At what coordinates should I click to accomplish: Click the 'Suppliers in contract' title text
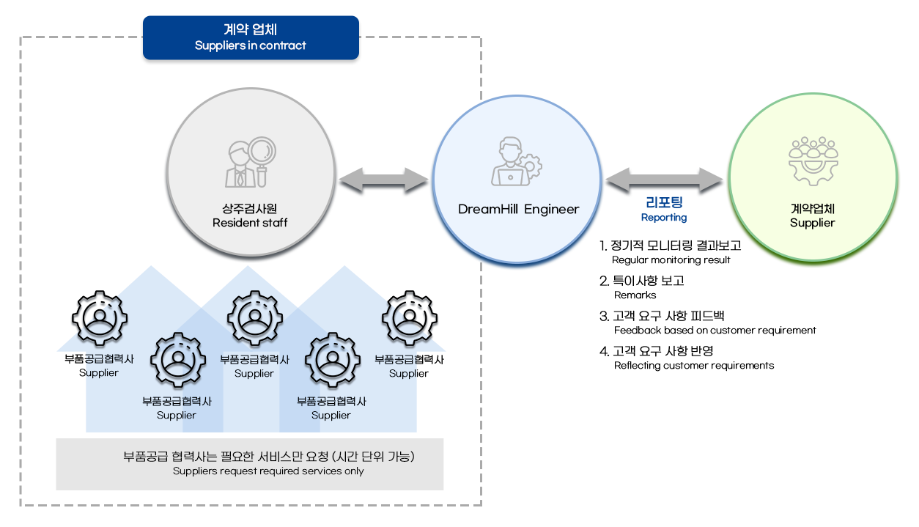pyautogui.click(x=251, y=45)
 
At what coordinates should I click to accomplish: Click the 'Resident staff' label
pyautogui.click(x=250, y=223)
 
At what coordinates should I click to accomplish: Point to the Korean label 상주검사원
pyautogui.click(x=250, y=209)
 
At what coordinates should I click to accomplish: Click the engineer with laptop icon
pyautogui.click(x=517, y=162)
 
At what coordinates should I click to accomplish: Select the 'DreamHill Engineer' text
pyautogui.click(x=518, y=210)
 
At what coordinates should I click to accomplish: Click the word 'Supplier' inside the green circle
pyautogui.click(x=812, y=223)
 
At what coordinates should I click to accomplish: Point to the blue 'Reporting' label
pyautogui.click(x=663, y=218)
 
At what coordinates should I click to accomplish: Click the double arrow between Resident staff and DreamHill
pyautogui.click(x=384, y=180)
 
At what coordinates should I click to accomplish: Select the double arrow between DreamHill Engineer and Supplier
pyautogui.click(x=664, y=180)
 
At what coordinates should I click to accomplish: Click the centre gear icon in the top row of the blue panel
pyautogui.click(x=254, y=319)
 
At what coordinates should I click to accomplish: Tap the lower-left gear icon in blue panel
pyautogui.click(x=177, y=361)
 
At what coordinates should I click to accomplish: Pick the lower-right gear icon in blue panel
pyautogui.click(x=332, y=361)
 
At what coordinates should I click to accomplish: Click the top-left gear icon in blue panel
pyautogui.click(x=99, y=319)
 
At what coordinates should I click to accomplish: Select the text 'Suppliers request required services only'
pyautogui.click(x=268, y=471)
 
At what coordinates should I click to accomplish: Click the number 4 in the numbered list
pyautogui.click(x=604, y=351)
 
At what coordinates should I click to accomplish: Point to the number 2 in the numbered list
pyautogui.click(x=604, y=281)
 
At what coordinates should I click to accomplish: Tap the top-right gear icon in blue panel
pyautogui.click(x=409, y=319)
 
